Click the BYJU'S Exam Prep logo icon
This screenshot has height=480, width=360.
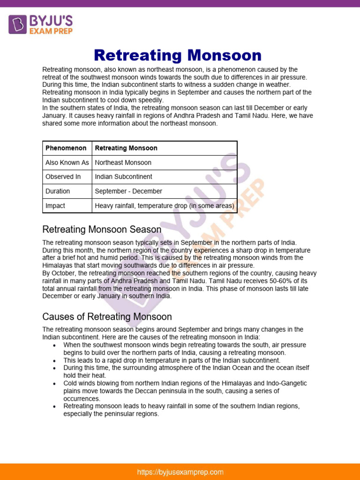[18, 24]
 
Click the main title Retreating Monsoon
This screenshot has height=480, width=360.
[178, 55]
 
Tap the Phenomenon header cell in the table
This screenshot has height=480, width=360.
[66, 148]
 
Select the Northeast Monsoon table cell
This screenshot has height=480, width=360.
[123, 163]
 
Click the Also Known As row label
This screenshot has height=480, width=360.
[67, 163]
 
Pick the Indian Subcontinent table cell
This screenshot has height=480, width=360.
[123, 177]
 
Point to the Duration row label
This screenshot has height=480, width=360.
[58, 191]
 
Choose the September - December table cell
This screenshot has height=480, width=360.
[128, 191]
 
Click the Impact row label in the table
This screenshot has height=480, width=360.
[55, 206]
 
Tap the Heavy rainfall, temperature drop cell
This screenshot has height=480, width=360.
[165, 206]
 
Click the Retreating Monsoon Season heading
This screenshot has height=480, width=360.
[102, 230]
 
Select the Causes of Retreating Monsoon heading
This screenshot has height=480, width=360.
[107, 317]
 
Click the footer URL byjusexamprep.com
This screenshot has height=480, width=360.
[180, 472]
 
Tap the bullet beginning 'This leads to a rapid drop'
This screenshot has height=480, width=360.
[172, 360]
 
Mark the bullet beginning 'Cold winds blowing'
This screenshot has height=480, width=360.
[185, 391]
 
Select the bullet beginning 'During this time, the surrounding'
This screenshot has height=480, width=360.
[186, 372]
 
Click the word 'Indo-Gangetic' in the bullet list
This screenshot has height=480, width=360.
[285, 383]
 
